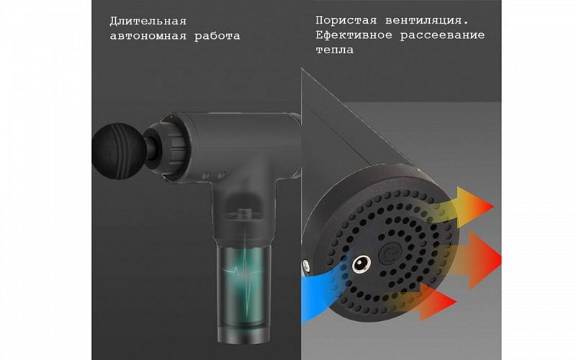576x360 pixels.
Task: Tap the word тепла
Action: coord(335,51)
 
